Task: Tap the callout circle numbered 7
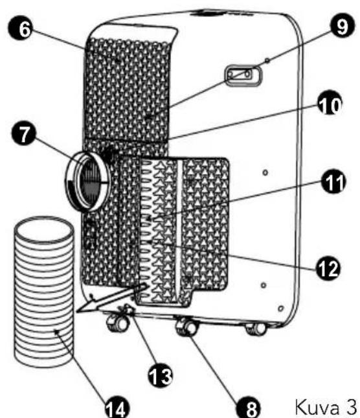click(23, 134)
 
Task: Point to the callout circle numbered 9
click(343, 26)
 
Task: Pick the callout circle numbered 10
click(330, 103)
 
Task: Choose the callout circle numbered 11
click(333, 182)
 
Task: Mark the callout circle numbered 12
click(328, 268)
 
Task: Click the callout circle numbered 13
click(160, 375)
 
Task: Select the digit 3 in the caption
click(351, 406)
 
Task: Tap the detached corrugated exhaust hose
click(44, 292)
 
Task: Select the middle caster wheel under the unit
click(187, 327)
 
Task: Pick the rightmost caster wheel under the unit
click(256, 329)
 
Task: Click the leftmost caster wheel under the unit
click(117, 323)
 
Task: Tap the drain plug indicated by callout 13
click(127, 310)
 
